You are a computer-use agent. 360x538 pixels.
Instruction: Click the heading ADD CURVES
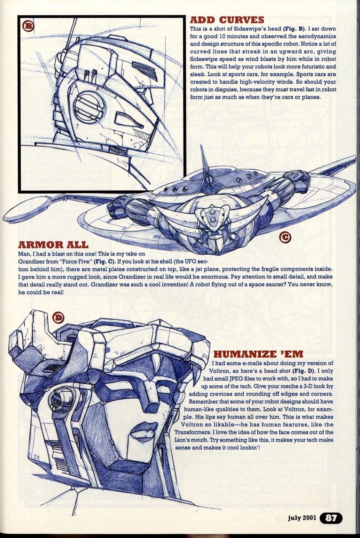[x=227, y=20]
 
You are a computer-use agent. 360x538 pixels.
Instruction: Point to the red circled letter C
[x=285, y=238]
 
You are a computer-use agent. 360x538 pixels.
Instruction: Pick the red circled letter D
[x=58, y=317]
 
